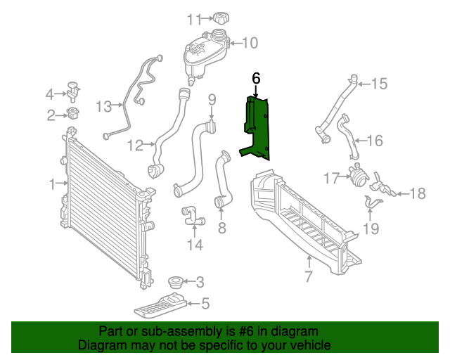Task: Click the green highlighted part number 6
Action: coord(257,127)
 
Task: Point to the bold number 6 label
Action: coord(256,78)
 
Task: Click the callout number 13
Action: coord(104,106)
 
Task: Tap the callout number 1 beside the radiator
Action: coord(52,184)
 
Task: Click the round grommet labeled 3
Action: coord(174,283)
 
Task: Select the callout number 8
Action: coord(221,227)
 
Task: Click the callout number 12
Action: coord(136,146)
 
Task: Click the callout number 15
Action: coord(379,84)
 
